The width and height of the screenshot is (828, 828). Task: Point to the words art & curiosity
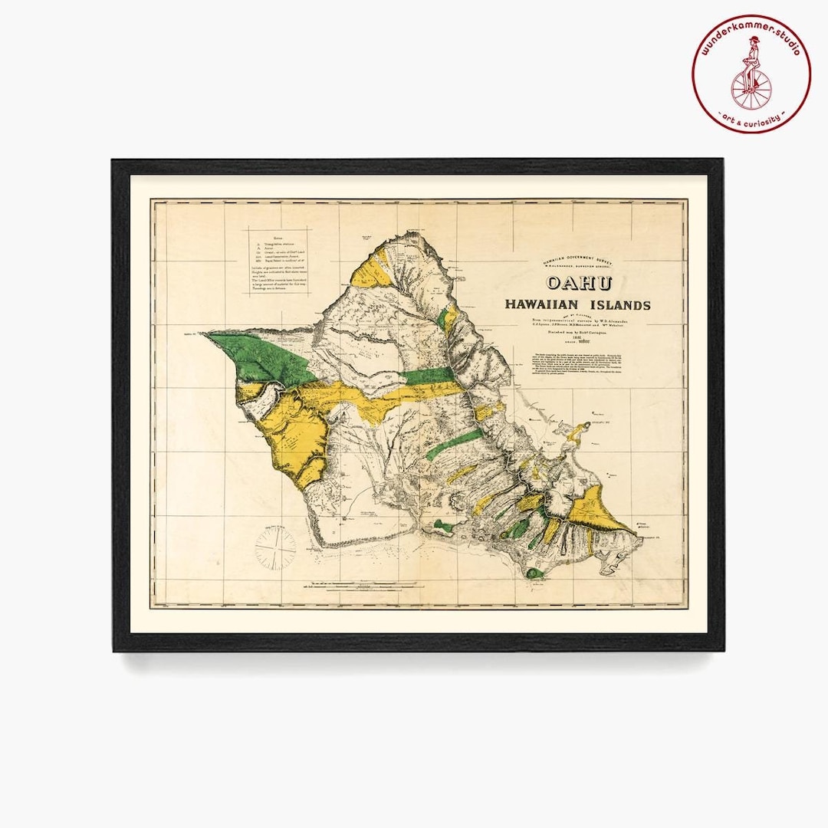tap(751, 119)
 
